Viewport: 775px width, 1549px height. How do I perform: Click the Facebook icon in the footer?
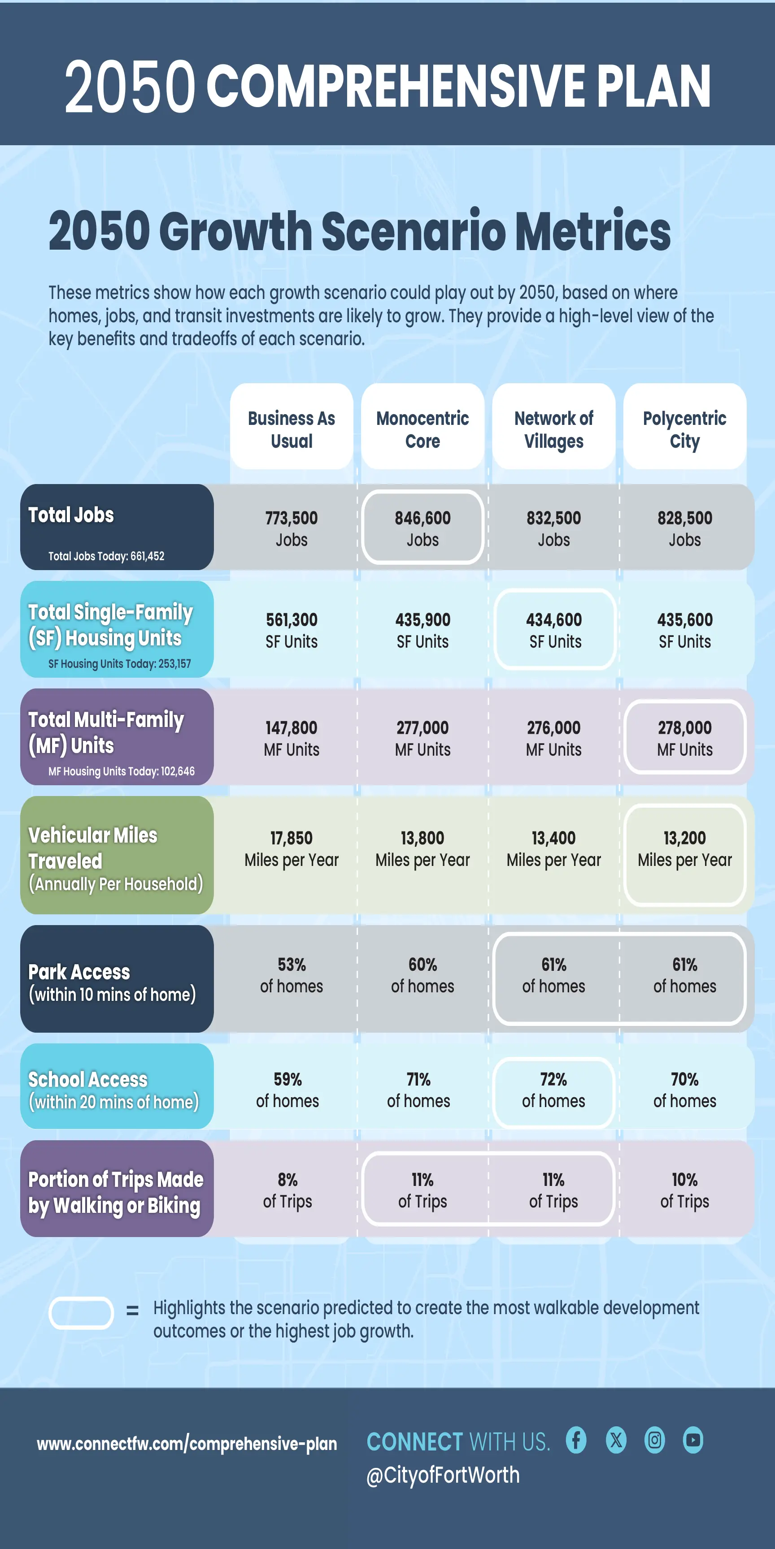tap(576, 1440)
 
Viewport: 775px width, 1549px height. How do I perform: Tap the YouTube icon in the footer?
tap(693, 1440)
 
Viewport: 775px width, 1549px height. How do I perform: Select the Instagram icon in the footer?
tap(655, 1440)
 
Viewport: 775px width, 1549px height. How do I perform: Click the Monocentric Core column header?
tap(422, 429)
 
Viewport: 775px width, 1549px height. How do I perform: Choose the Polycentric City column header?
tap(685, 429)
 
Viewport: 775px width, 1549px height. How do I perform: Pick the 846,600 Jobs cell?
tap(422, 528)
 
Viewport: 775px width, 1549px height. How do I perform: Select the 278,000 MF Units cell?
tap(685, 737)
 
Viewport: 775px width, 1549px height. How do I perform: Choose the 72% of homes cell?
tap(553, 1090)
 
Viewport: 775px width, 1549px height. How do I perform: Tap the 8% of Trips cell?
tap(287, 1190)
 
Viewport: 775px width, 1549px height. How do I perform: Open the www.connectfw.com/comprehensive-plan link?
tap(187, 1443)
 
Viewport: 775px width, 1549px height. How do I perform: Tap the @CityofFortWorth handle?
tap(443, 1475)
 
